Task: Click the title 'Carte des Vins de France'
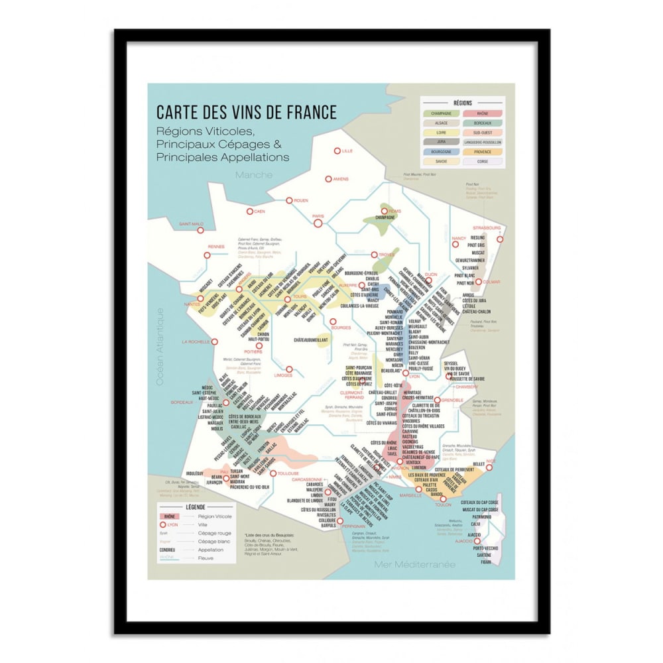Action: [x=246, y=113]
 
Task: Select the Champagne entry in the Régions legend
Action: [x=442, y=113]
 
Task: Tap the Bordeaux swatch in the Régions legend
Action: [x=483, y=123]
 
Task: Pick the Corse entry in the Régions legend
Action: [x=483, y=161]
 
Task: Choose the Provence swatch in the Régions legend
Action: [x=483, y=152]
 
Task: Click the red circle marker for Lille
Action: [x=336, y=151]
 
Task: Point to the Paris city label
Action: [x=318, y=216]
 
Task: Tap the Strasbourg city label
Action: [x=487, y=228]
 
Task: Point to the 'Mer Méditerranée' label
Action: [x=415, y=564]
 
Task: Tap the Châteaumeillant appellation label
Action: [x=311, y=340]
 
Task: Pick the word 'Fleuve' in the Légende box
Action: [x=206, y=558]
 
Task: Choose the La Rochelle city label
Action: [x=196, y=342]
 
